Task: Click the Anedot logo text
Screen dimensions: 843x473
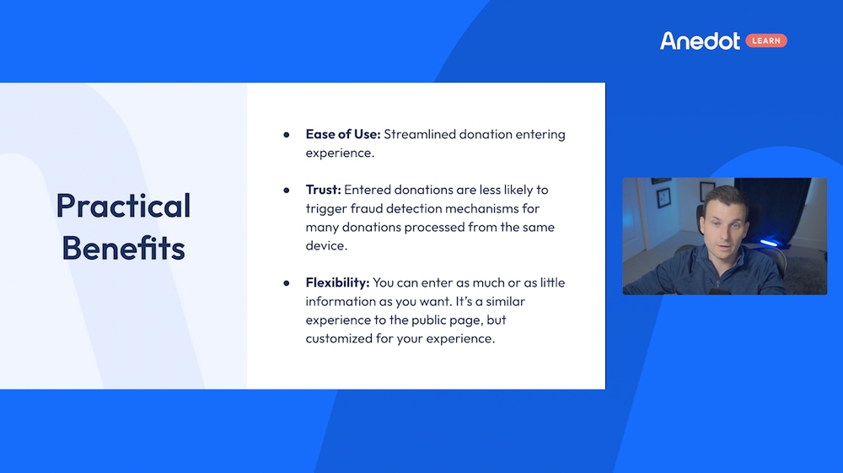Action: click(700, 40)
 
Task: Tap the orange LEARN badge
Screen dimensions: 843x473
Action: click(766, 40)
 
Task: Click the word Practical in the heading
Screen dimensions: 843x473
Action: click(123, 207)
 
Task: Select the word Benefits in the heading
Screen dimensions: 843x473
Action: click(123, 248)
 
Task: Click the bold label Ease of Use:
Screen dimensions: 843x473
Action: click(343, 134)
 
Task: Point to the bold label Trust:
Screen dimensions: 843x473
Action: click(323, 190)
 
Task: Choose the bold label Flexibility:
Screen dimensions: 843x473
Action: click(338, 282)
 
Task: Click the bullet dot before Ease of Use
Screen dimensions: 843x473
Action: click(287, 135)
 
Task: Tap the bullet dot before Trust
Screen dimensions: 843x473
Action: click(287, 191)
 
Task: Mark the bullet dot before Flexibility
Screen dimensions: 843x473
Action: click(287, 283)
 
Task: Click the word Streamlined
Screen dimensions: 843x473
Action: click(420, 134)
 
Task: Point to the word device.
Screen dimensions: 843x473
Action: click(326, 245)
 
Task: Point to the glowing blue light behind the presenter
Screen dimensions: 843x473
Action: click(769, 244)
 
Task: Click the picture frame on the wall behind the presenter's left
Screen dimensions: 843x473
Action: click(663, 198)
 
